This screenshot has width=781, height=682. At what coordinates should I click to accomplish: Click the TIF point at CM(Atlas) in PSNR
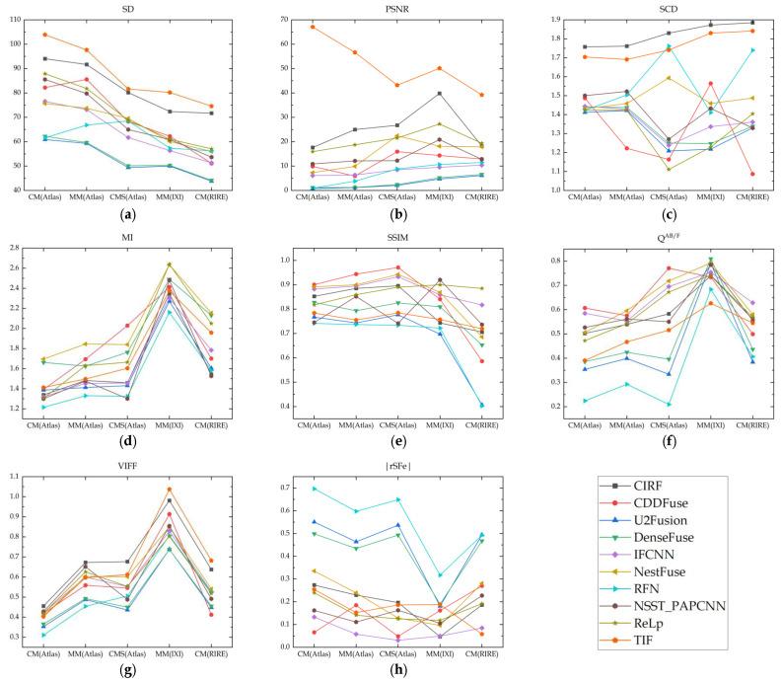tap(313, 27)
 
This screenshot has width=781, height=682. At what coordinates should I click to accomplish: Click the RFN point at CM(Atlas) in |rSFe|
tap(313, 489)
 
